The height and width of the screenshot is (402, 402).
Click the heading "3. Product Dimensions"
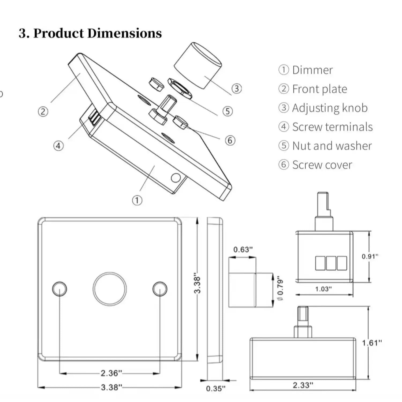coord(90,33)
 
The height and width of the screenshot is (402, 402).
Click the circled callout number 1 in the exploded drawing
coord(137,200)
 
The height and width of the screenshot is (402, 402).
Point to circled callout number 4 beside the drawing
coord(58,146)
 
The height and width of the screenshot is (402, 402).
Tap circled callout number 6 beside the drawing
coord(230,140)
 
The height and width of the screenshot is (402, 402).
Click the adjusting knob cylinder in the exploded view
coord(198,66)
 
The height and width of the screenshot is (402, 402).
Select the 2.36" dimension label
coord(111,373)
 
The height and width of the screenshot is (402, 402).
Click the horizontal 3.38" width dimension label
coord(111,387)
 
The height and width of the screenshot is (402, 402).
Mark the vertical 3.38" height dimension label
coord(197,283)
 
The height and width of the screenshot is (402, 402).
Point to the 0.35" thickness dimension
coord(216,388)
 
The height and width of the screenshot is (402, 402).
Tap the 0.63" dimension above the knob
coord(243,250)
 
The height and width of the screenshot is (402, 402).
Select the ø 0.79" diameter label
coord(280,288)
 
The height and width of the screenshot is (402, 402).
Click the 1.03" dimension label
coord(323,289)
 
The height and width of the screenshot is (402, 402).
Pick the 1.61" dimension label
coord(372,343)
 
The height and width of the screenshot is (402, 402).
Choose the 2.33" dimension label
coord(303,385)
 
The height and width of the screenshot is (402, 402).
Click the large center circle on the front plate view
coord(110,289)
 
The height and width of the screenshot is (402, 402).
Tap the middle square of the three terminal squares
coord(331,263)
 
